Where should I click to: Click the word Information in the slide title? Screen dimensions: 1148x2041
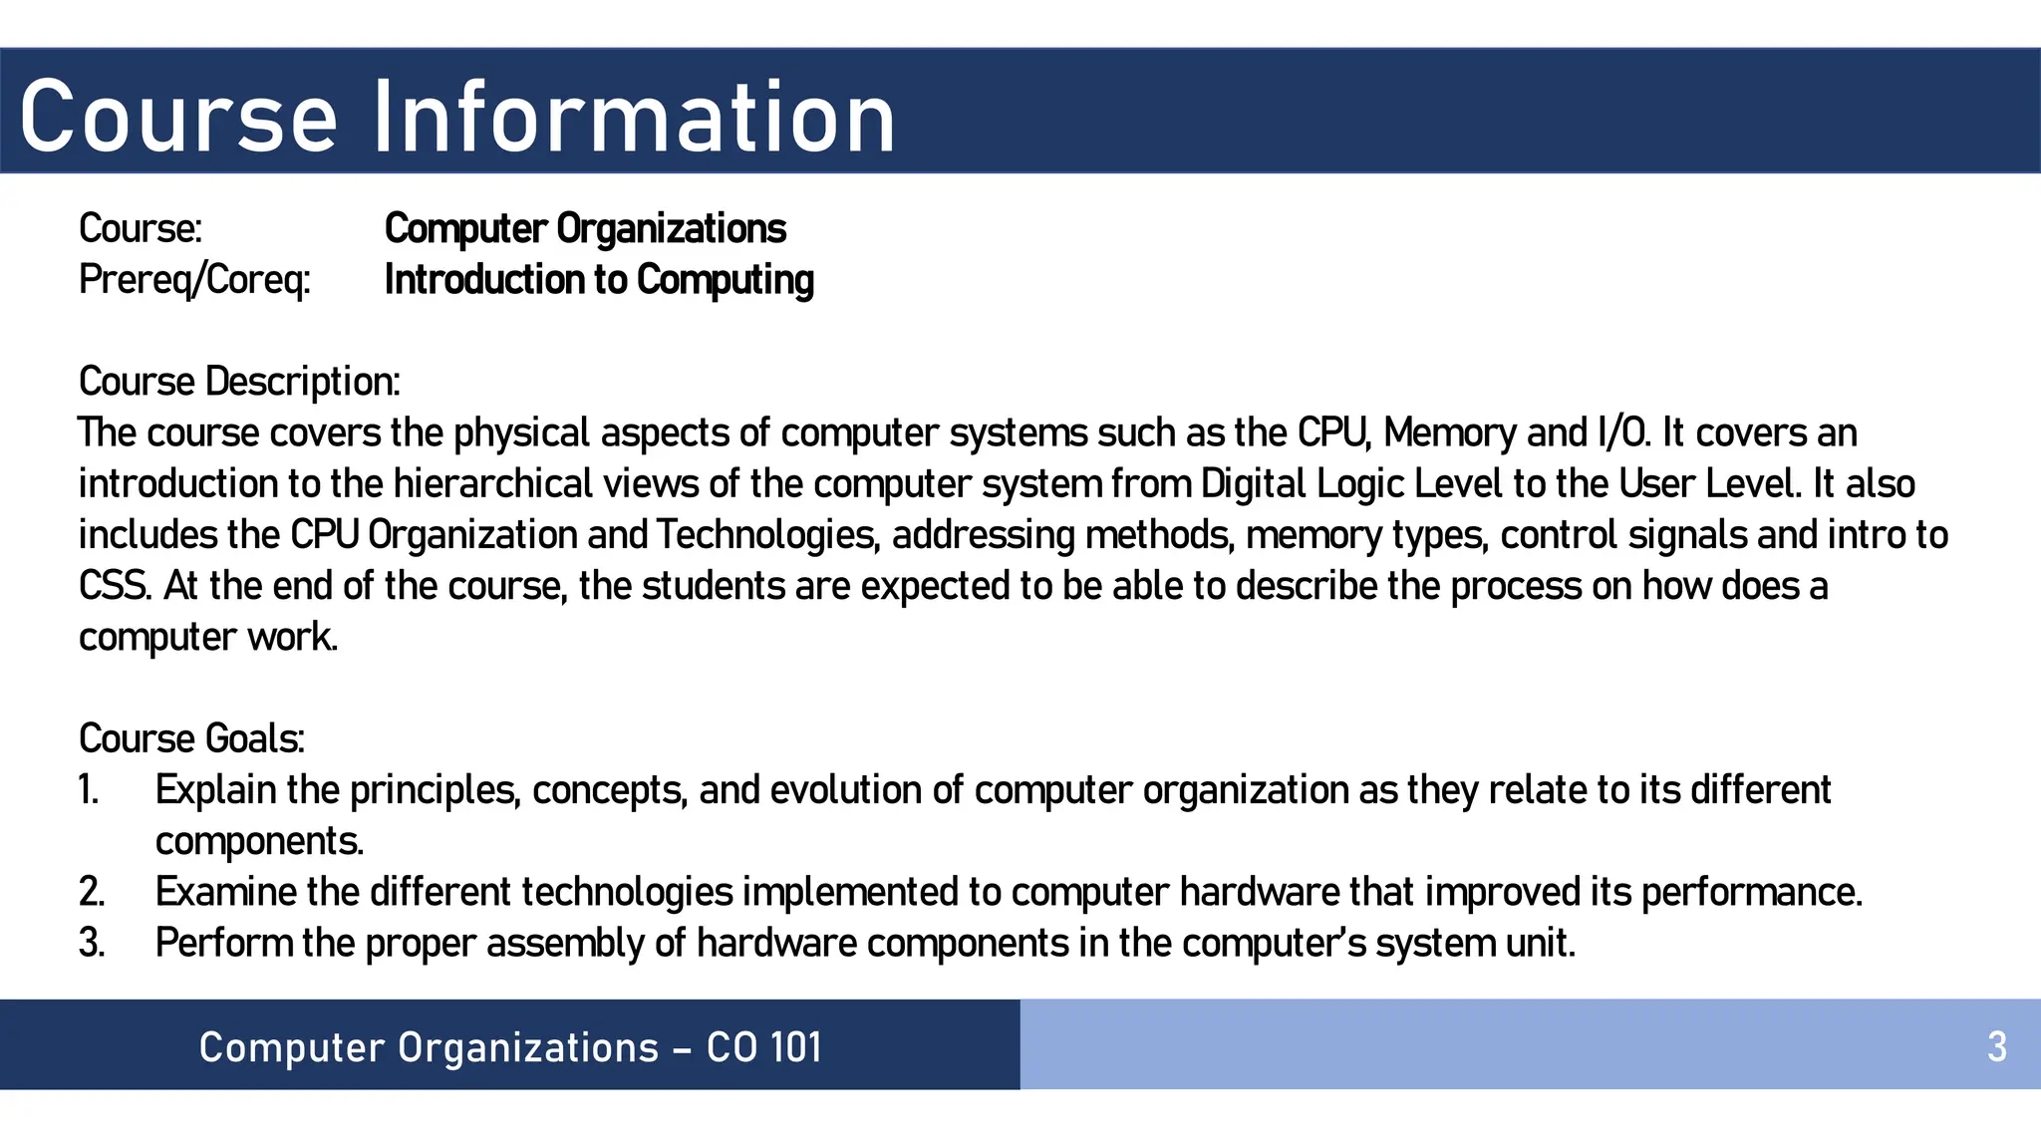(x=634, y=118)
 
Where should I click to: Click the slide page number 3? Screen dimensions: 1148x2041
(x=1996, y=1047)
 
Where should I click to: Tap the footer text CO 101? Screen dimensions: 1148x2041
(x=764, y=1047)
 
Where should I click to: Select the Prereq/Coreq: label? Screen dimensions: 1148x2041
(x=194, y=280)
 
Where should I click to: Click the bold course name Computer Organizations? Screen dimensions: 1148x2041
(x=585, y=229)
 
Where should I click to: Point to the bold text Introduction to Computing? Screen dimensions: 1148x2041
(x=599, y=280)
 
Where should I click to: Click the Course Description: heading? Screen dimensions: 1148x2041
(x=239, y=382)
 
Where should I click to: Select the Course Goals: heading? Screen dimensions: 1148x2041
(x=191, y=738)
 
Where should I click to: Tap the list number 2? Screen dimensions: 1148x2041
(x=91, y=892)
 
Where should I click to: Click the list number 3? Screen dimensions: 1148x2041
(x=91, y=943)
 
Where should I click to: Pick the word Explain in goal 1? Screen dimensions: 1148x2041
(x=216, y=790)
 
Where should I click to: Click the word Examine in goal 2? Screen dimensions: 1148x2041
(x=226, y=892)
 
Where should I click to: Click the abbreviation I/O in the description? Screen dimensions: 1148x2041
(x=1622, y=433)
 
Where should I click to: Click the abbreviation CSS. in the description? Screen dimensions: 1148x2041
(x=116, y=586)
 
